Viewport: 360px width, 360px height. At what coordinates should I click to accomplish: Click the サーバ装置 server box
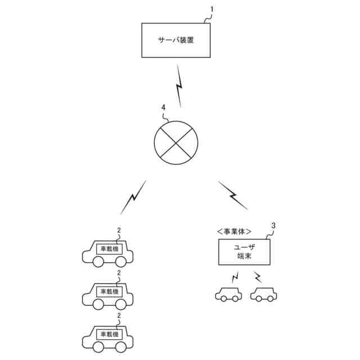176,40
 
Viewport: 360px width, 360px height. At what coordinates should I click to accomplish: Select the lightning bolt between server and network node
179,86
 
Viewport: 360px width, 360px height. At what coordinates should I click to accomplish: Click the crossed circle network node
177,142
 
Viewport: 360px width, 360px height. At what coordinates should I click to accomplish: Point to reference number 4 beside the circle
163,107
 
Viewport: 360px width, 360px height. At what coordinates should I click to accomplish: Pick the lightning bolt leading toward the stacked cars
133,197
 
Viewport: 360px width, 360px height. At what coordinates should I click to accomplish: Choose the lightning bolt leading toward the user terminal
232,195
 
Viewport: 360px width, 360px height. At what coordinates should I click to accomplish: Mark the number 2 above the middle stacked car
119,273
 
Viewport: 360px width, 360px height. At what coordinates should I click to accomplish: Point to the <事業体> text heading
233,231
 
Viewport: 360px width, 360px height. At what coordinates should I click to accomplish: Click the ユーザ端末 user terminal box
244,251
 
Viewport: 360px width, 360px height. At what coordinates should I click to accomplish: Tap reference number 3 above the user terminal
273,226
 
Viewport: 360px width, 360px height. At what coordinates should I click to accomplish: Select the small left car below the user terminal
228,294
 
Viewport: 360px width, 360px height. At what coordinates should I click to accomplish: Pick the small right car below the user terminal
264,294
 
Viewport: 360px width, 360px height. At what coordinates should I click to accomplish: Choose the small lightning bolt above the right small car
258,277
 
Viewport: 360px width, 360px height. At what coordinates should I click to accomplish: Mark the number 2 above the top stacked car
119,230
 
